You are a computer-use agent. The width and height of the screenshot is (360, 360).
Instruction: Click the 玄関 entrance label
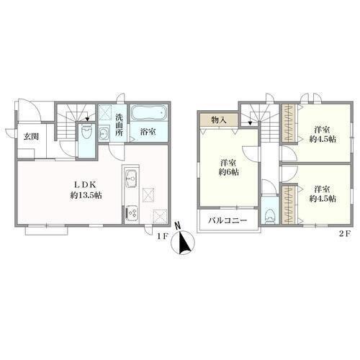[x=31, y=137]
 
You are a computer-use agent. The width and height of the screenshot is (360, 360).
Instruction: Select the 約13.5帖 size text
[x=86, y=195]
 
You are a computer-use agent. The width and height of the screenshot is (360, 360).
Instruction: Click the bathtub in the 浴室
[x=148, y=113]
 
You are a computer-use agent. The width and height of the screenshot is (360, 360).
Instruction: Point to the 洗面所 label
[x=119, y=125]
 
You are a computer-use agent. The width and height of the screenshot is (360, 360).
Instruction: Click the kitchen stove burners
[x=132, y=212]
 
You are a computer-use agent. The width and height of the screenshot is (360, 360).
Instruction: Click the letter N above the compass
[x=177, y=225]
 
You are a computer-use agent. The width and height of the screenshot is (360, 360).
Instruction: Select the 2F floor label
[x=345, y=234]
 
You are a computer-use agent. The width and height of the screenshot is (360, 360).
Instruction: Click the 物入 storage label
[x=219, y=120]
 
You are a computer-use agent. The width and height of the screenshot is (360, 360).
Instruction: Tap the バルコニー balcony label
[x=228, y=220]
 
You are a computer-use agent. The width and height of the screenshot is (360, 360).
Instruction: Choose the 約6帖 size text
[x=229, y=172]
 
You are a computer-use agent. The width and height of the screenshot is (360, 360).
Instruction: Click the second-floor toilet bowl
[x=270, y=215]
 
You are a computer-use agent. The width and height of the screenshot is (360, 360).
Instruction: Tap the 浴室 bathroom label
[x=148, y=132]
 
